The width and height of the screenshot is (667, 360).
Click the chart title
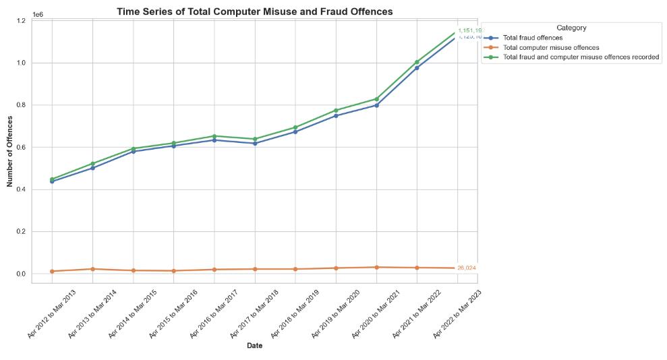(254, 11)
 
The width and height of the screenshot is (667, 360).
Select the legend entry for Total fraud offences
(533, 38)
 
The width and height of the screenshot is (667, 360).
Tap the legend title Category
(571, 28)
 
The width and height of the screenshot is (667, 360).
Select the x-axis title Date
(254, 346)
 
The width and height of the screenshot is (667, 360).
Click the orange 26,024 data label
(467, 268)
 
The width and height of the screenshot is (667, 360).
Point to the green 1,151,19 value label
(469, 30)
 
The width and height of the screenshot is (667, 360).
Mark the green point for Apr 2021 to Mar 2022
(417, 62)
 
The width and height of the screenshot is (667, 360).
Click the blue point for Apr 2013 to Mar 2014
(92, 168)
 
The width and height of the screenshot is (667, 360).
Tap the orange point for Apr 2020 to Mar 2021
(376, 267)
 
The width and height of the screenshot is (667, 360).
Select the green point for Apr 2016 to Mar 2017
(214, 136)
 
